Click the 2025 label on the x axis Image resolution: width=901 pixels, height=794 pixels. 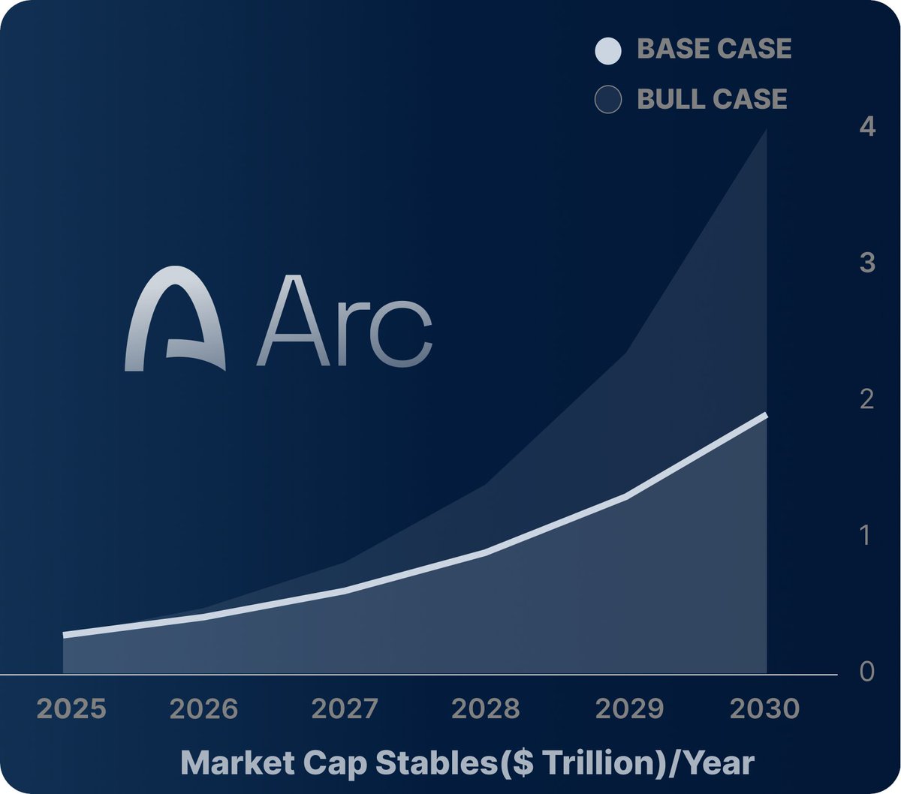coord(72,709)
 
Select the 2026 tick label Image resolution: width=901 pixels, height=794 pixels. coord(203,709)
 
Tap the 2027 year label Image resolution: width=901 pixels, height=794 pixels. coord(345,709)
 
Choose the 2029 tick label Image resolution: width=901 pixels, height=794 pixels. coord(629,709)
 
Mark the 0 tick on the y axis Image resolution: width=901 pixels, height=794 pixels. coord(867,672)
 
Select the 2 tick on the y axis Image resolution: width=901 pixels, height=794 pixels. coord(867,399)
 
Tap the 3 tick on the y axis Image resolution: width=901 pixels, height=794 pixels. coord(867,263)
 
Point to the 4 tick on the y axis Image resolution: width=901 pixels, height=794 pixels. coord(867,128)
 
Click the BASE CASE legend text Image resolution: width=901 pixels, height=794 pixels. coord(714,50)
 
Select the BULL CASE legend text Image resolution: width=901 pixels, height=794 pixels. coord(712,99)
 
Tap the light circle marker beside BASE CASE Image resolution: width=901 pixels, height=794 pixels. coord(607,51)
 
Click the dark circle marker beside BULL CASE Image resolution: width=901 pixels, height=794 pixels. coord(607,100)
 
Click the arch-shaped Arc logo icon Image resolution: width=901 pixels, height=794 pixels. coord(175,319)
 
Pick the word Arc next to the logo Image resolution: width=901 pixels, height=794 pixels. coord(345,323)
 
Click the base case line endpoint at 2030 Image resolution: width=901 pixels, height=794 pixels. coord(765,415)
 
